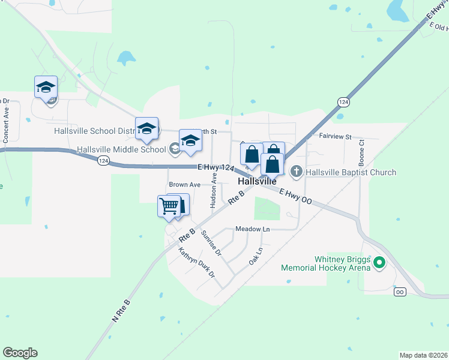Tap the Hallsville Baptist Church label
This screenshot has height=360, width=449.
click(351, 172)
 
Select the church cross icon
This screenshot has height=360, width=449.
click(295, 172)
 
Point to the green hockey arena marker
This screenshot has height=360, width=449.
click(379, 262)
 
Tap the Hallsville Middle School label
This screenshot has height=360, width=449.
click(121, 149)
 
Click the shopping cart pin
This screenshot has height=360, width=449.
click(169, 206)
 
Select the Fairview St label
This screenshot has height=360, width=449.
click(335, 137)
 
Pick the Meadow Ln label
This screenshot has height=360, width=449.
click(252, 229)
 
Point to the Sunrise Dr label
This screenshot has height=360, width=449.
click(211, 243)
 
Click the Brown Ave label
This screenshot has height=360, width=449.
click(184, 185)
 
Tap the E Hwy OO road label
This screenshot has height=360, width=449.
click(295, 196)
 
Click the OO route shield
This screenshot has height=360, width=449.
click(400, 292)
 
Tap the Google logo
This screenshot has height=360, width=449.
click(20, 353)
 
